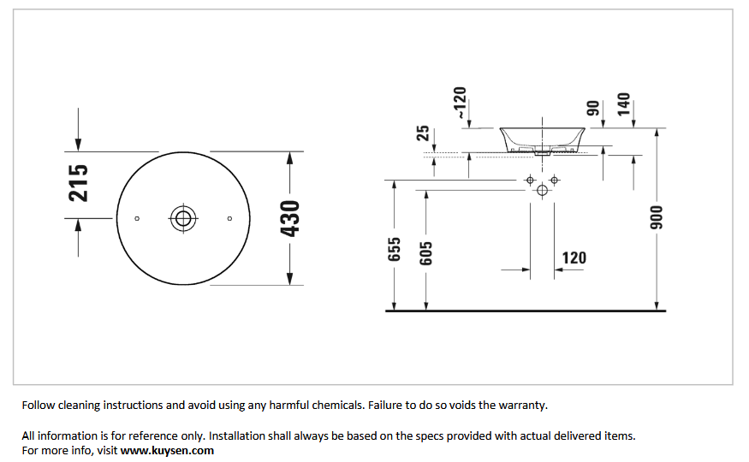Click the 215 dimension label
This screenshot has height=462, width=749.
(79, 183)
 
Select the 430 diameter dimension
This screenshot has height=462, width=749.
(290, 218)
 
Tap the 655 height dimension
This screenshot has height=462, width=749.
(394, 249)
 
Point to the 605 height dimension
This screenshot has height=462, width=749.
(425, 253)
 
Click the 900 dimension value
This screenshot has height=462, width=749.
(657, 217)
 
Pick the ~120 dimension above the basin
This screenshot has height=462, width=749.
(459, 103)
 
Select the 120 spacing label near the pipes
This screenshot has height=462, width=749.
(574, 258)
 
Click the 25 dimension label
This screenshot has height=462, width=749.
(423, 133)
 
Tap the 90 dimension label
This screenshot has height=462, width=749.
(593, 109)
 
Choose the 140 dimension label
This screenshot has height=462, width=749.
(624, 104)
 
